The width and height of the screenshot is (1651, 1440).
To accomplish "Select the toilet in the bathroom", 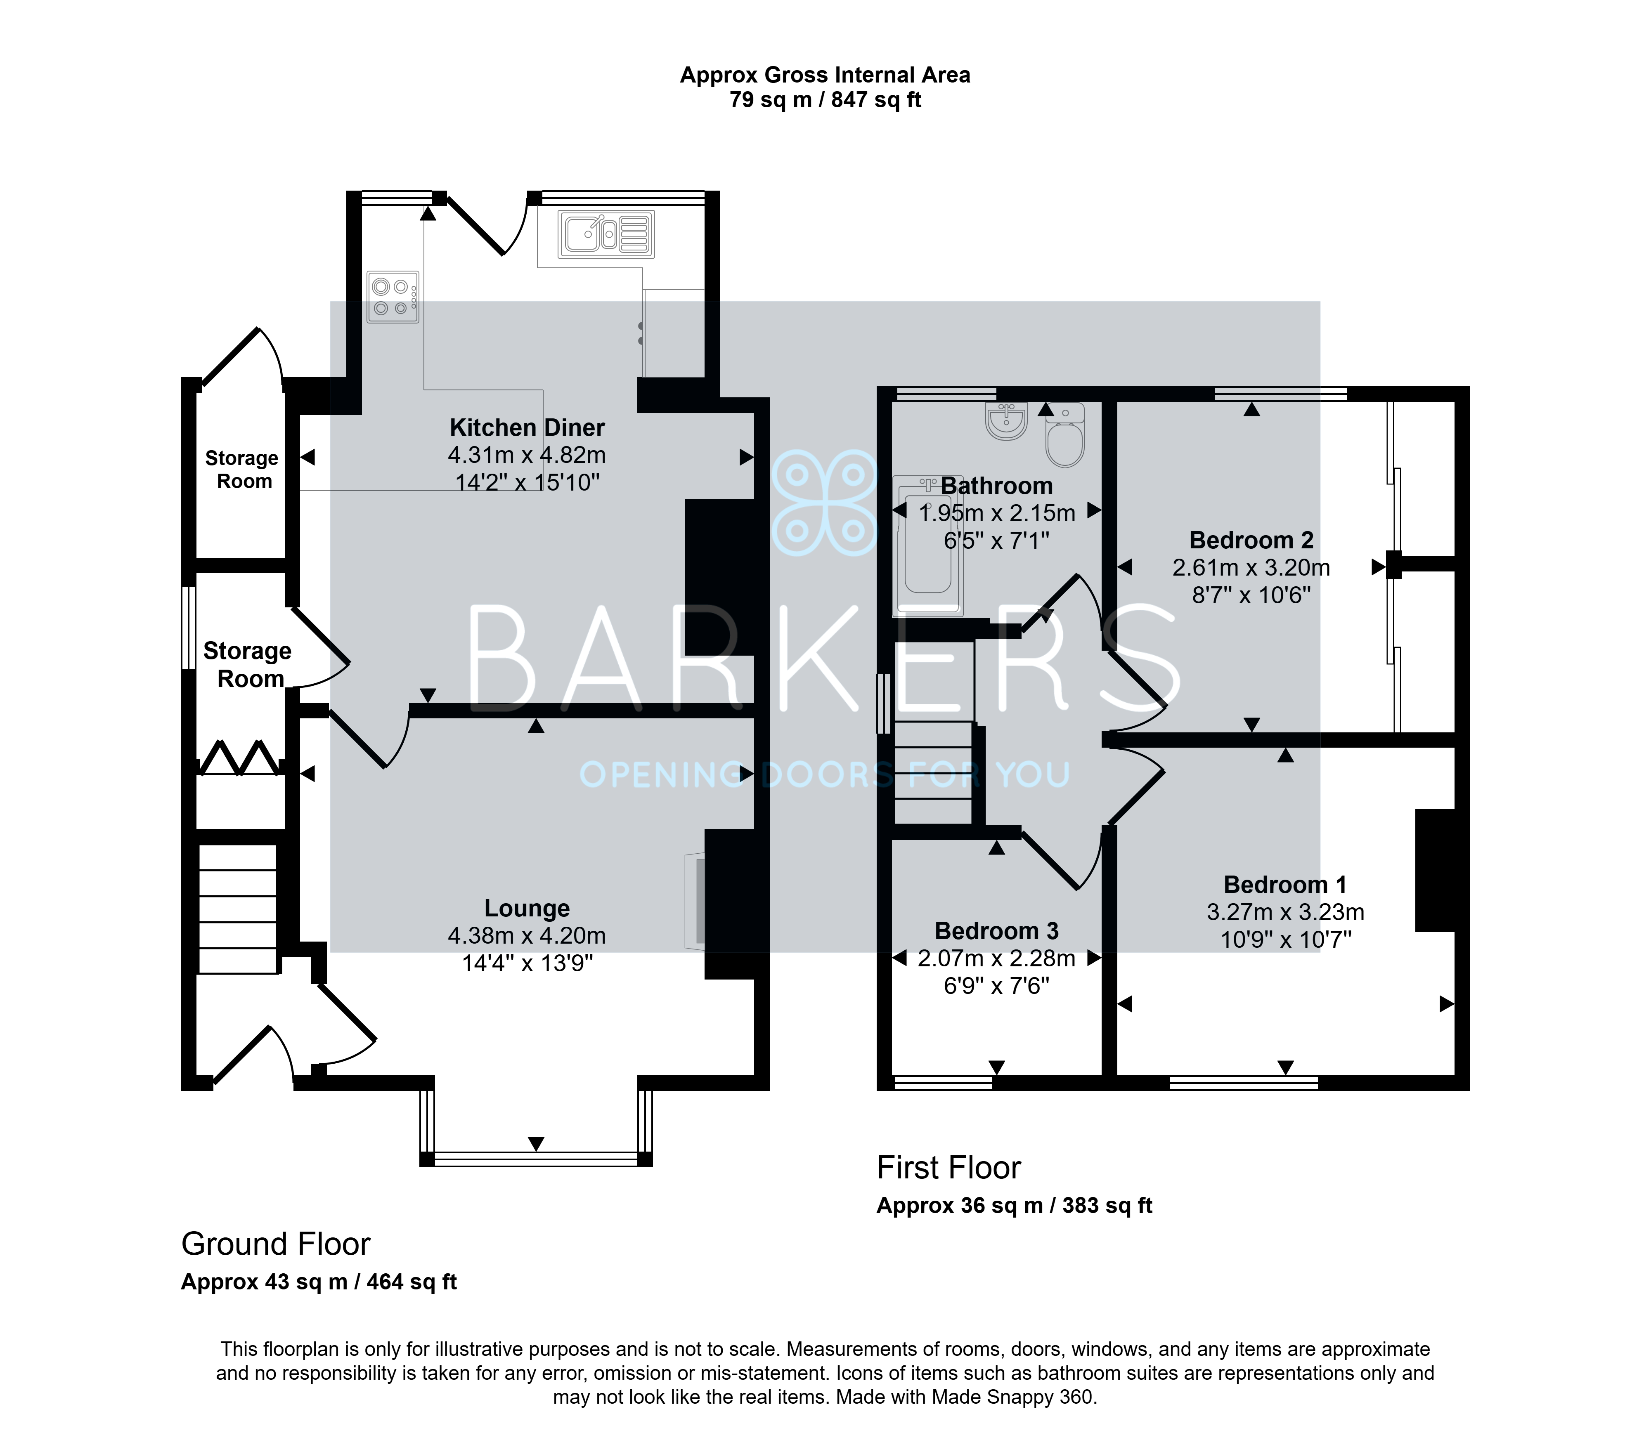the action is point(1065,435).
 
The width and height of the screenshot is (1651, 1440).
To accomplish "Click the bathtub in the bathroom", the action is point(927,545).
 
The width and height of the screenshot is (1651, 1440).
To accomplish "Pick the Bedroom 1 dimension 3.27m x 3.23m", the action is point(1285,912).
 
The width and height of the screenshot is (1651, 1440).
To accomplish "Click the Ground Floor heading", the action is point(276,1244).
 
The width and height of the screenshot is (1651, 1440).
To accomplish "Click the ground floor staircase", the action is point(238,909).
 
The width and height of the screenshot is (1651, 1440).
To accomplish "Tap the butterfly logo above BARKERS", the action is point(824,502).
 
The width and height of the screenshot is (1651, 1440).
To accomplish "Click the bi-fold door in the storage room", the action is point(239,758).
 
